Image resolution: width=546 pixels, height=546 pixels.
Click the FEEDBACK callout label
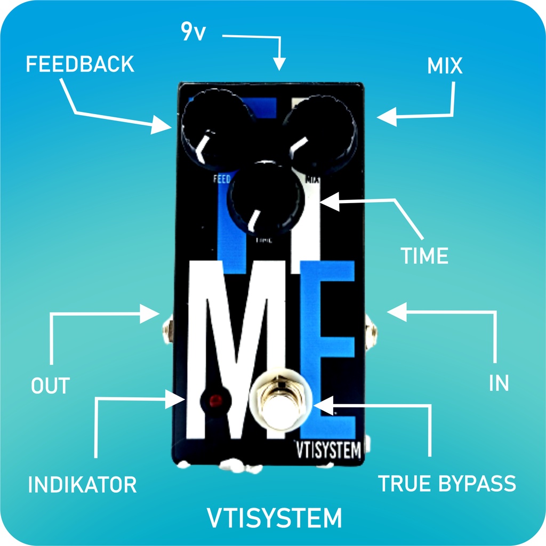click(x=80, y=65)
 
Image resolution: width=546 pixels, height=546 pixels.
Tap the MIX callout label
click(x=444, y=66)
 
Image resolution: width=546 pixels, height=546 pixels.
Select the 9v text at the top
click(x=192, y=33)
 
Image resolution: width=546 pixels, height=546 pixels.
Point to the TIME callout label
click(x=424, y=256)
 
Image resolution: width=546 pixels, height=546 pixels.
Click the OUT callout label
click(x=50, y=386)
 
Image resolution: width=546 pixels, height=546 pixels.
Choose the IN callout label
click(x=499, y=383)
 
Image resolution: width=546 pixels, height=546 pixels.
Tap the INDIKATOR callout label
click(x=82, y=485)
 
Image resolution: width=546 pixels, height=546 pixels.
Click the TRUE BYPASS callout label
click(x=447, y=483)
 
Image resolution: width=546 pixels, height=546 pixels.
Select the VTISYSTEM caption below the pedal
click(x=274, y=518)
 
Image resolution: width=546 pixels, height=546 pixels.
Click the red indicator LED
click(x=215, y=399)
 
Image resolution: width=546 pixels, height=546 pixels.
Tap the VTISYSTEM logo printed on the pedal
click(x=328, y=451)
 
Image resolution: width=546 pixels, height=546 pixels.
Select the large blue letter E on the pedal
click(x=328, y=347)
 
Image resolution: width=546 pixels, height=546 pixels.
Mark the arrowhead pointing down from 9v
click(x=279, y=65)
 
